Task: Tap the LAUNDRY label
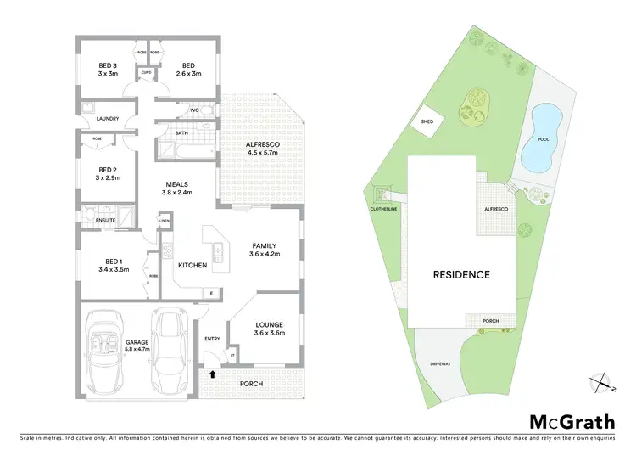tap(108, 119)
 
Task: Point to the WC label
tap(195, 110)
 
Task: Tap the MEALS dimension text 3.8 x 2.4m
tap(177, 193)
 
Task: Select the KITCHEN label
tap(192, 266)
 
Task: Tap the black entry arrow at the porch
tap(212, 372)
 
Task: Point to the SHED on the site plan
tap(427, 121)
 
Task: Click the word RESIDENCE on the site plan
tap(461, 274)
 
